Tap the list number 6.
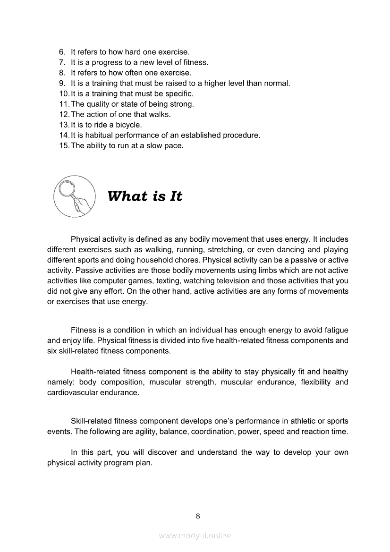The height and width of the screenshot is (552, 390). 62,52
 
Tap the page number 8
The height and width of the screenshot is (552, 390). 198,516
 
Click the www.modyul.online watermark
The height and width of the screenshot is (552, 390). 195,535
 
